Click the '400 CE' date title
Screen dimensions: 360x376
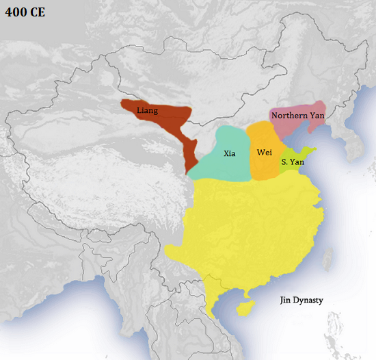tap(25, 12)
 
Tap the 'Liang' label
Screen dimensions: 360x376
tap(148, 110)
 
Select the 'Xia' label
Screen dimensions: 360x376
tap(230, 153)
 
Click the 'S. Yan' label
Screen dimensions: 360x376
tap(293, 162)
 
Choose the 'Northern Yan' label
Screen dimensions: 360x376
tap(297, 115)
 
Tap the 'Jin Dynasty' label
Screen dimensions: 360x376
tap(301, 300)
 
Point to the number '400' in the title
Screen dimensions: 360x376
tap(15, 12)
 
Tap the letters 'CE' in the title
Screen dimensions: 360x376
tap(36, 12)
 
